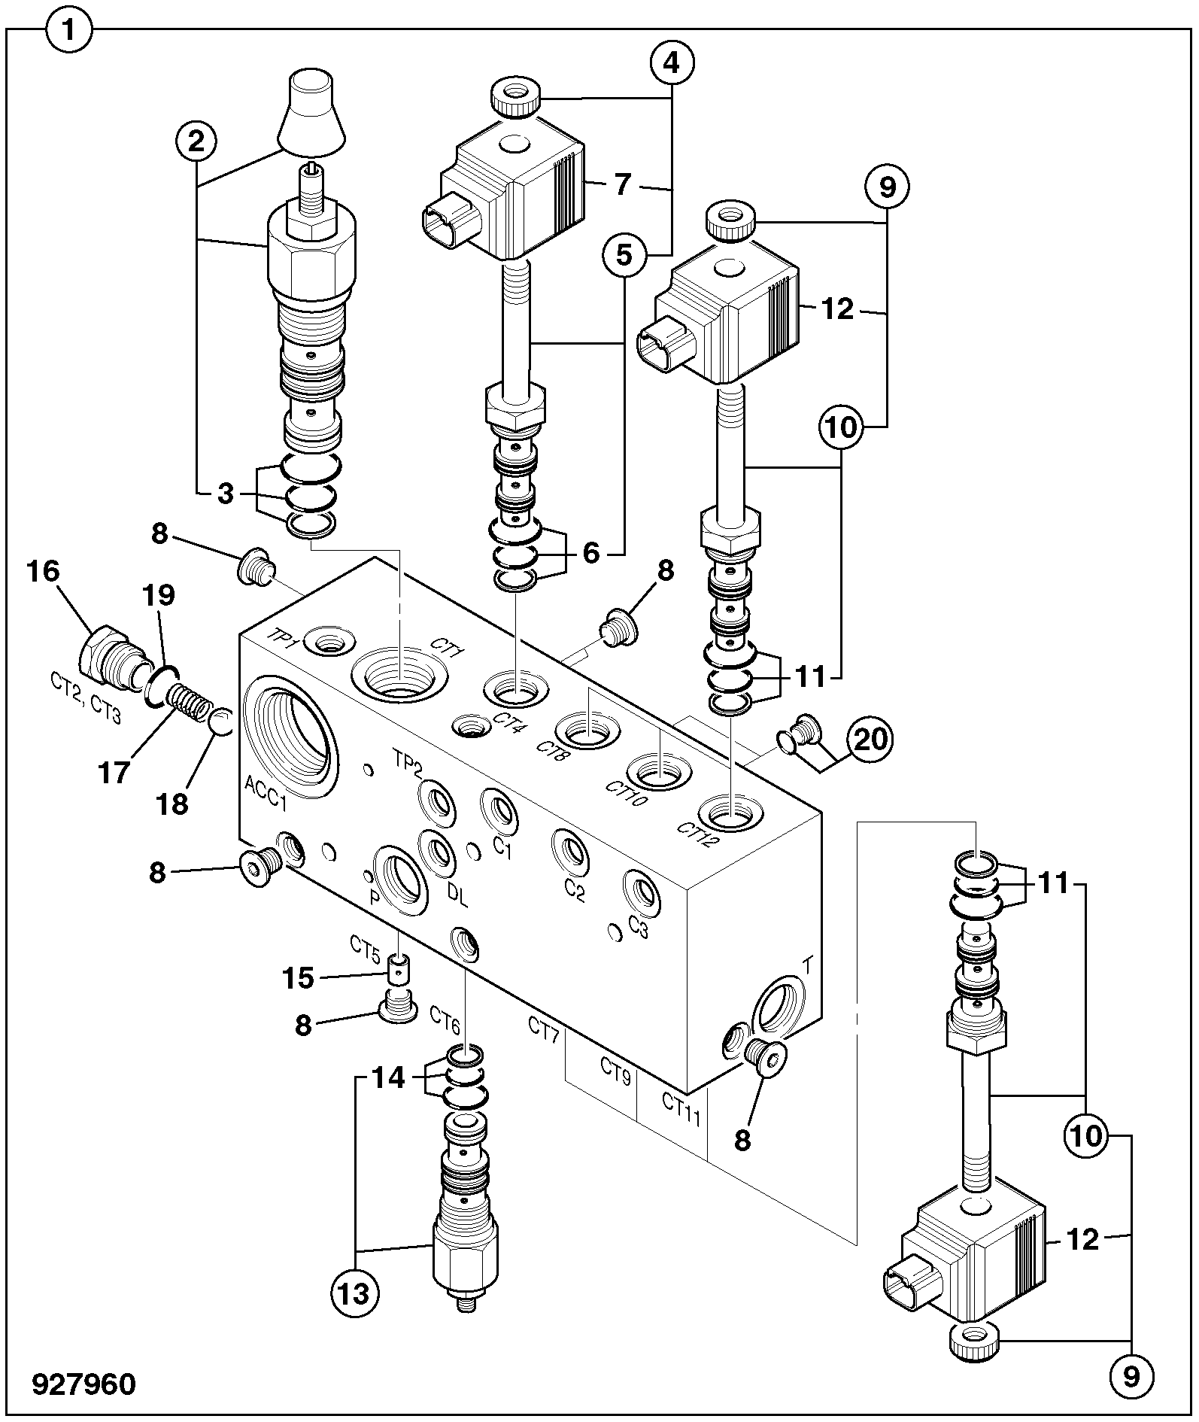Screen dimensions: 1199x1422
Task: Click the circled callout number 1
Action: (x=69, y=32)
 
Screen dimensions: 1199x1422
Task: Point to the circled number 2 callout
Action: (x=196, y=141)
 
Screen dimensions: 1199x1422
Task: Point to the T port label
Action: (x=809, y=964)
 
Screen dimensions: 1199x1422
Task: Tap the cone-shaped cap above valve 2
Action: (x=311, y=111)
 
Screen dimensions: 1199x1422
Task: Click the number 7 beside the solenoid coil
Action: (x=621, y=185)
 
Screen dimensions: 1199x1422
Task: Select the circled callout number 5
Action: (x=624, y=256)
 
